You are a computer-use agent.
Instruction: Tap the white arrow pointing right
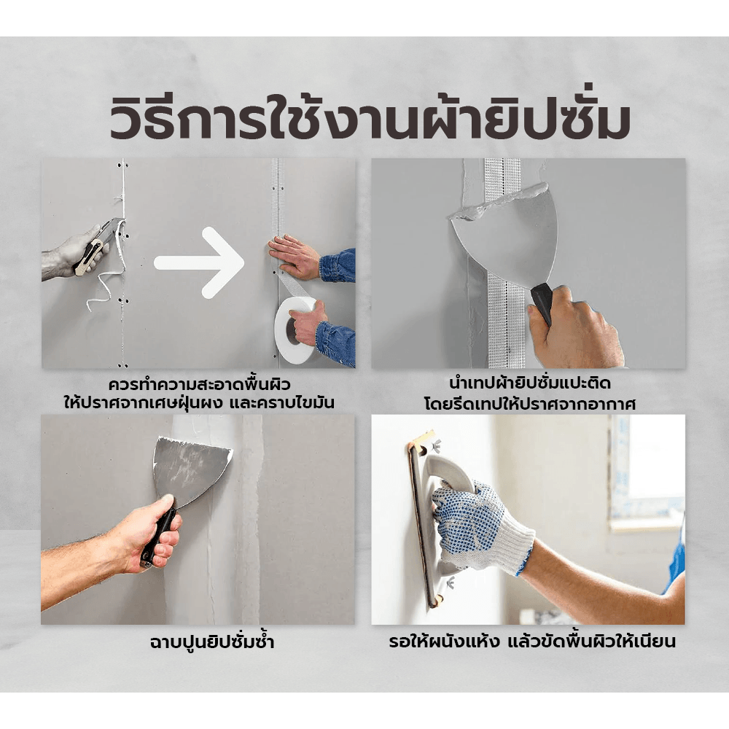pyautogui.click(x=199, y=262)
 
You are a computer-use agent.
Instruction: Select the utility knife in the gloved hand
pyautogui.click(x=95, y=247)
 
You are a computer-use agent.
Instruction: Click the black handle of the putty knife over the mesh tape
pyautogui.click(x=542, y=303)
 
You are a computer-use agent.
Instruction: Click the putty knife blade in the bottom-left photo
pyautogui.click(x=190, y=470)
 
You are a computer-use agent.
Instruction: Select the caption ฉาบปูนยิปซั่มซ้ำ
pyautogui.click(x=212, y=642)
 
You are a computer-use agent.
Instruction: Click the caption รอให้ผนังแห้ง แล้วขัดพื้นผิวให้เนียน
pyautogui.click(x=532, y=642)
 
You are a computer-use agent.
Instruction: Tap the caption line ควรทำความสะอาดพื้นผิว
pyautogui.click(x=200, y=385)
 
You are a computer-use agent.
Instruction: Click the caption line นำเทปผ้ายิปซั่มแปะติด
pyautogui.click(x=529, y=383)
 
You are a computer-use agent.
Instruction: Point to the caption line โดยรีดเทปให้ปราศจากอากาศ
pyautogui.click(x=529, y=404)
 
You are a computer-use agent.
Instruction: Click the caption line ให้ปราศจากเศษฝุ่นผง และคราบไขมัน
pyautogui.click(x=200, y=404)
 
